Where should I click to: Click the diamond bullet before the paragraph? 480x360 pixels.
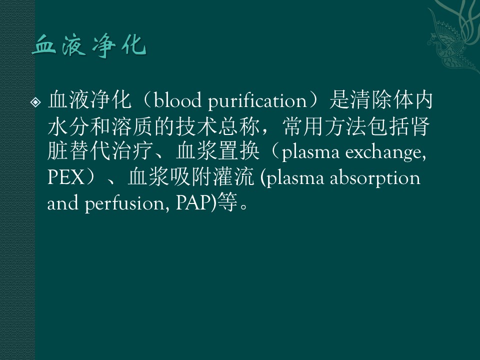(x=35, y=102)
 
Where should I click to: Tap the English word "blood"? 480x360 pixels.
(x=177, y=100)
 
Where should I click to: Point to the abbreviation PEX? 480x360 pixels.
(x=66, y=177)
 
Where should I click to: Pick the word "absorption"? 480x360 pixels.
(x=375, y=178)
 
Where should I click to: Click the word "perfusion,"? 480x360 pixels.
(x=126, y=203)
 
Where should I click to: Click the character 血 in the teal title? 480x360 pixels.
(x=44, y=45)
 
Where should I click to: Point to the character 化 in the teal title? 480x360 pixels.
(x=133, y=46)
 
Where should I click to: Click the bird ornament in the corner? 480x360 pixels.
(x=449, y=43)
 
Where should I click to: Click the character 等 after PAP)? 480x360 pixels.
(x=227, y=203)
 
